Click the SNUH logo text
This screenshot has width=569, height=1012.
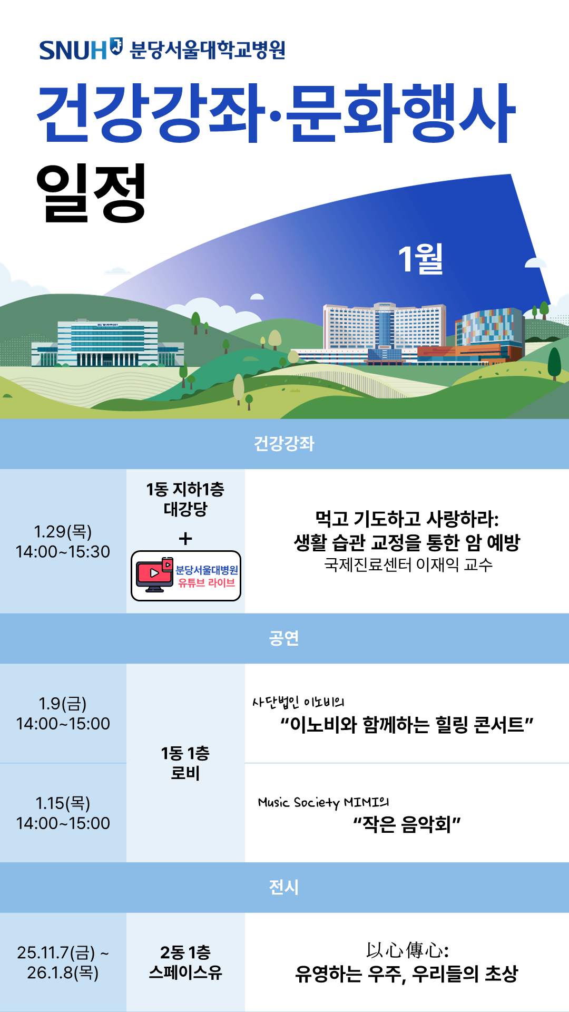[73, 51]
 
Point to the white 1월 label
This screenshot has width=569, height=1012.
[420, 259]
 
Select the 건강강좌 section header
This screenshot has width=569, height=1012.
[284, 444]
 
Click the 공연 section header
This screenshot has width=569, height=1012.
[284, 638]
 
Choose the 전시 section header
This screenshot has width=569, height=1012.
[284, 888]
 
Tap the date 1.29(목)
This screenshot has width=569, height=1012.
[63, 531]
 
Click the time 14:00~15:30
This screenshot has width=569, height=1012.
[63, 552]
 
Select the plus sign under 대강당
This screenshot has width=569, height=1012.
[185, 539]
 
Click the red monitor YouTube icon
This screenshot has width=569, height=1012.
[154, 575]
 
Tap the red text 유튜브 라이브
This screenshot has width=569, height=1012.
[207, 583]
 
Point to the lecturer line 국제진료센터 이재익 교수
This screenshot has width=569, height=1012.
[408, 565]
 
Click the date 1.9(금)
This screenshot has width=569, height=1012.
[63, 704]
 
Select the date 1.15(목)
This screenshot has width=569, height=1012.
[63, 803]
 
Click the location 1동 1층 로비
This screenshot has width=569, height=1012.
[185, 763]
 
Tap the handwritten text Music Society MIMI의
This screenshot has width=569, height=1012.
[323, 803]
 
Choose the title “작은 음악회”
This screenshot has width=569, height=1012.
[407, 824]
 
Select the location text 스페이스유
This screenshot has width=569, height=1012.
[185, 972]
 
